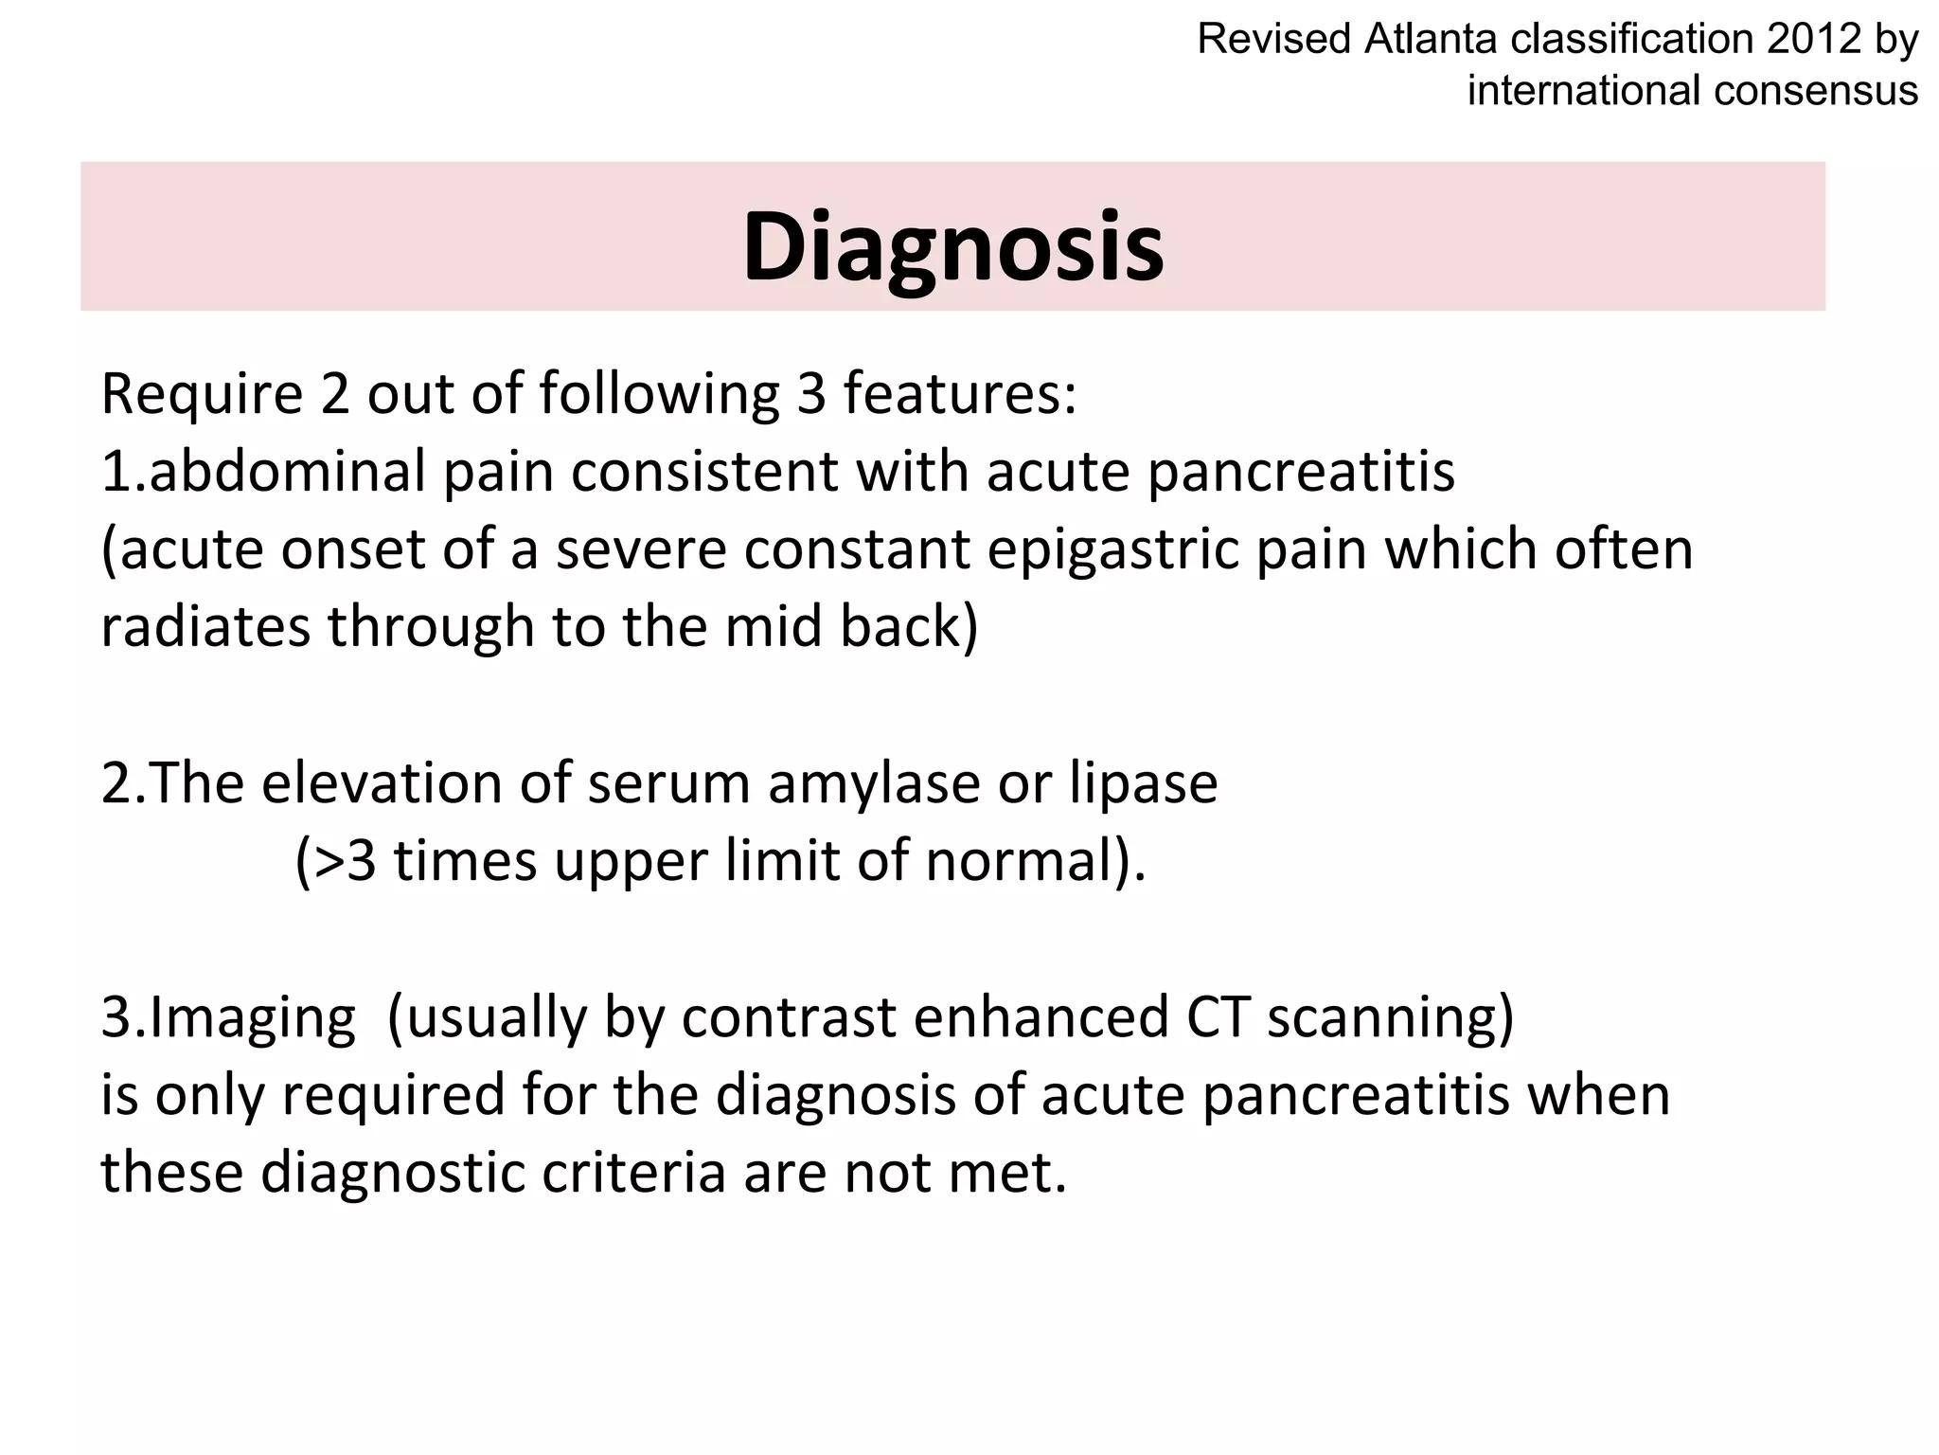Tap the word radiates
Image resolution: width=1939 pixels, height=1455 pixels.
[205, 626]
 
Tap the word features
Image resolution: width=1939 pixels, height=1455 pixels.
[959, 394]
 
